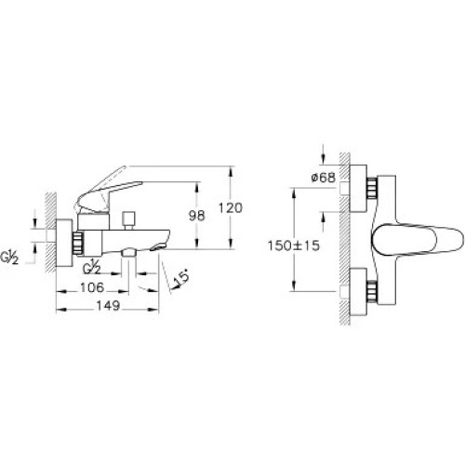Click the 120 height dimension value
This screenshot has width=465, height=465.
pos(230,207)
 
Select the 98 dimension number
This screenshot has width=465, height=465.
pos(197,216)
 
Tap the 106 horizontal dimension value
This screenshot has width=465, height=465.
pos(92,287)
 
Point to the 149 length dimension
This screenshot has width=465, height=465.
pos(108,306)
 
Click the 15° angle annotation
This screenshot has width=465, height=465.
pos(180,277)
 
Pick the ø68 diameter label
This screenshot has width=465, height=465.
pos(324,178)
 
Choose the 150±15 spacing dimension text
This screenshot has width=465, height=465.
pos(293,246)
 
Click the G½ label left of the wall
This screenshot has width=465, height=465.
pos(9,258)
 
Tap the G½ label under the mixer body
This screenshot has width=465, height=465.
pos(92,268)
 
